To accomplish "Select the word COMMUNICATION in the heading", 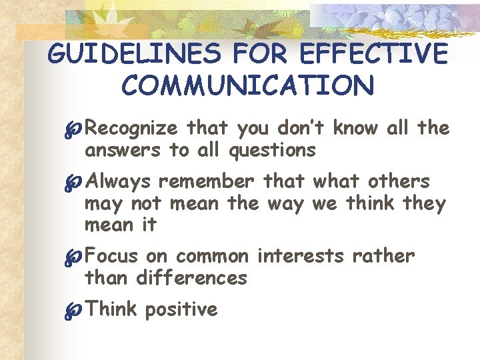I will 248,85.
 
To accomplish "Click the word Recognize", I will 132,127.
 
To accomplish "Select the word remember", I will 206,181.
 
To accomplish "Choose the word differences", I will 192,277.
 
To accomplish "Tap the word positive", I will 181,309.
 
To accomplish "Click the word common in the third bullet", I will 212,255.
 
